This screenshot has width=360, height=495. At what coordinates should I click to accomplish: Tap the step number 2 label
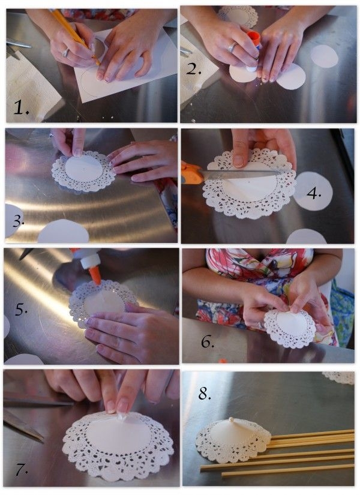coord(193,68)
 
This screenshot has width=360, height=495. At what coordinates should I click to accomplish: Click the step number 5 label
coord(21,310)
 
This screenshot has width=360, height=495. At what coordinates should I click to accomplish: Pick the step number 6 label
coord(208,341)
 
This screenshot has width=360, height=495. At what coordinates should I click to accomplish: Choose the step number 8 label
coord(205,394)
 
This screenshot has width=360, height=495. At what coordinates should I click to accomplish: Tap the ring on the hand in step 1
coord(65,53)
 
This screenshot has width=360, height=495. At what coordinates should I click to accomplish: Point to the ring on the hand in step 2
coord(232,47)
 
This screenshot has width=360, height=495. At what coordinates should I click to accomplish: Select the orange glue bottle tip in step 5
coord(95,275)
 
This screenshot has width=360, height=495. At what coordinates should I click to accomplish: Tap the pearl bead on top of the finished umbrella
coord(231,419)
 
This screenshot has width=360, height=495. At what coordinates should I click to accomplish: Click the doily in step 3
coord(83,170)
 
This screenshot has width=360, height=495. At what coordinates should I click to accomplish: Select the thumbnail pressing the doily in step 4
coord(238,161)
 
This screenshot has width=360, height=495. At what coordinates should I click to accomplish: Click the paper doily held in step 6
coord(290,328)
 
